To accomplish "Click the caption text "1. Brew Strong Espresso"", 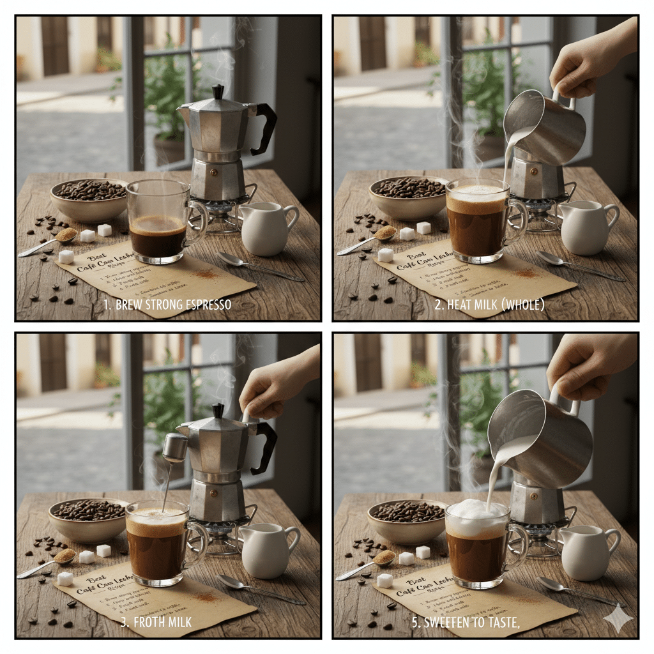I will click(167, 305).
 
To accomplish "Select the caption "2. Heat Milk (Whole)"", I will click(489, 305).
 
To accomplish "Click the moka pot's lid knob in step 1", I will click(218, 92).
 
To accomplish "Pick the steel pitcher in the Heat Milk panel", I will click(545, 127).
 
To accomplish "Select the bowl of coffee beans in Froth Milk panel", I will click(89, 518).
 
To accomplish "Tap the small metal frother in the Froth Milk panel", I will click(175, 447).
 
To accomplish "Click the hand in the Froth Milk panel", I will click(275, 383).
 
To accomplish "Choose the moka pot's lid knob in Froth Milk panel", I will click(218, 410).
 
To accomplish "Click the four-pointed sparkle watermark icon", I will click(618, 618).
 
